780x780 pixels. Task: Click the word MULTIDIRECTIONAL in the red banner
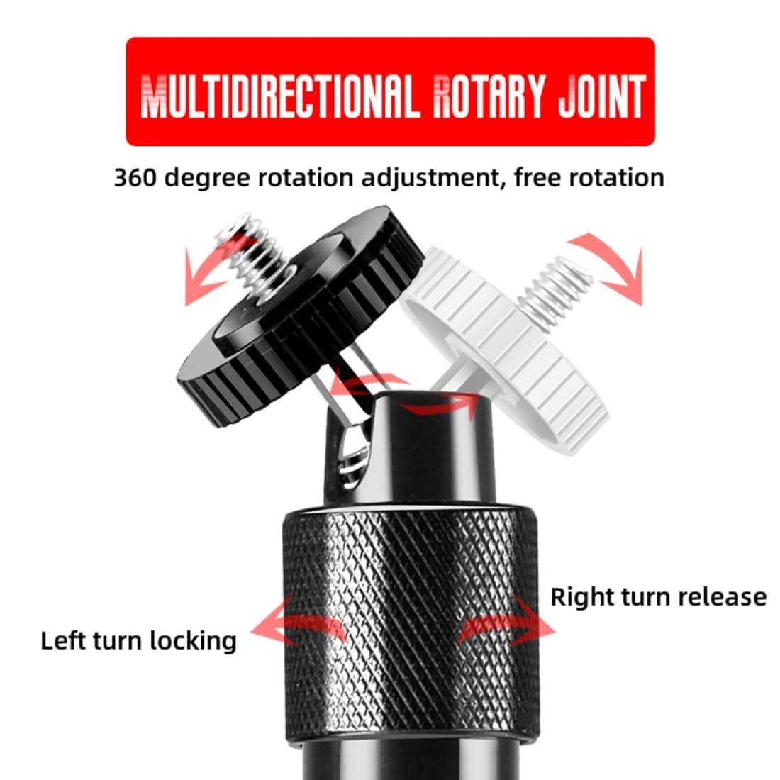point(277,96)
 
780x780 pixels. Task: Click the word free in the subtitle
point(538,177)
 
